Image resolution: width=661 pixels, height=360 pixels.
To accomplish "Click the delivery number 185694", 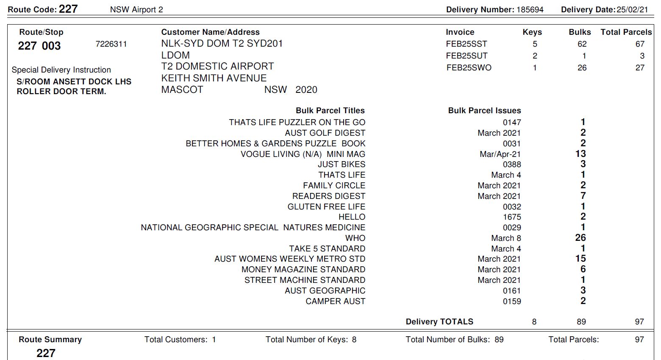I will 530,10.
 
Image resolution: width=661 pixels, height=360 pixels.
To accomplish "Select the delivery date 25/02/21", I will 632,10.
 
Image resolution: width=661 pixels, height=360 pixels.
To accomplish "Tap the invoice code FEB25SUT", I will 467,56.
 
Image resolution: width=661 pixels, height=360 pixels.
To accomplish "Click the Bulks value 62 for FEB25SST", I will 582,44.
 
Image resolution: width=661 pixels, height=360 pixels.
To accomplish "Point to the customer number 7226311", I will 111,44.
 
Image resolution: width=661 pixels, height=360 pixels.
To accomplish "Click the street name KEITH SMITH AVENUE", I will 214,78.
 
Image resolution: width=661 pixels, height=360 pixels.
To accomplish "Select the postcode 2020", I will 306,90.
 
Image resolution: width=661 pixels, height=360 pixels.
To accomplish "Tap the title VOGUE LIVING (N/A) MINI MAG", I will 303,154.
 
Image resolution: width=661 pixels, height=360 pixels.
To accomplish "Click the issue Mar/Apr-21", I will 500,154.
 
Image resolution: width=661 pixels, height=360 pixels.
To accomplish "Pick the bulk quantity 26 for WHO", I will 580,238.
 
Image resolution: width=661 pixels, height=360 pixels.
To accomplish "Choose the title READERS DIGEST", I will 328,196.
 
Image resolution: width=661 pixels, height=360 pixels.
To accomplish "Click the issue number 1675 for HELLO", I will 512,217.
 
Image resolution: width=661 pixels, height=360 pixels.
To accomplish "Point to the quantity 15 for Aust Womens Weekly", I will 580,259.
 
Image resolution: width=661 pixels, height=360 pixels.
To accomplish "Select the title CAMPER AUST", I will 335,301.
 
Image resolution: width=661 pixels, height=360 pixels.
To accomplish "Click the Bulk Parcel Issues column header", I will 484,111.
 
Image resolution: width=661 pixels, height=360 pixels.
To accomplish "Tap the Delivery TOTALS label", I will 439,322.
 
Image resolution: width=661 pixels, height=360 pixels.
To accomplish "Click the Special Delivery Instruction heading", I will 61,70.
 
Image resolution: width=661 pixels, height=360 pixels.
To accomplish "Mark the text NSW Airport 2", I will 136,10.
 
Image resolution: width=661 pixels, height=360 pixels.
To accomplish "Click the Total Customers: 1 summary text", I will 180,340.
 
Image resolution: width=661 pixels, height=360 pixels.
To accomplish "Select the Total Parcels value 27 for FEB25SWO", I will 640,68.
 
